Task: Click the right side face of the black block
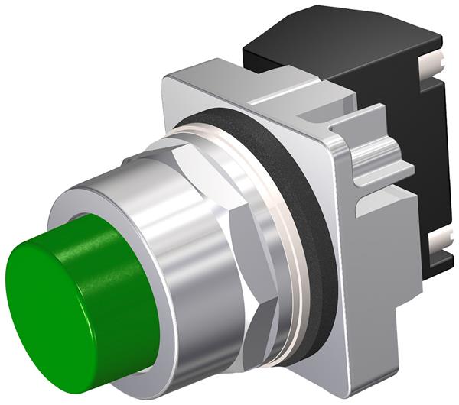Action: tap(436, 153)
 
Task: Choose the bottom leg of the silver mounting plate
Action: tap(360, 367)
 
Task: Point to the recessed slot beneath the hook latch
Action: tap(382, 183)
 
